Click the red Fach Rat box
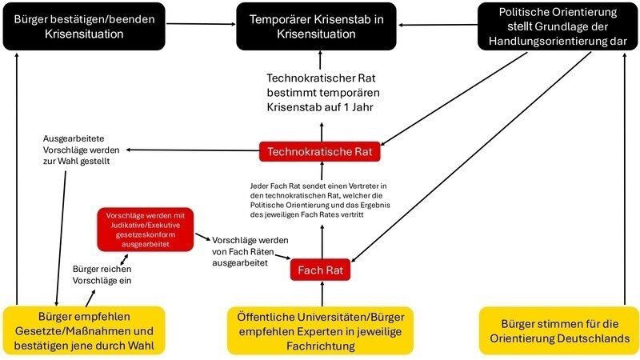click(321, 270)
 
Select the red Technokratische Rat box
click(320, 150)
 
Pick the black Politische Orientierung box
click(557, 26)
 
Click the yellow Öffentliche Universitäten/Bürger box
click(320, 330)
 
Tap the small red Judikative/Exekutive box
click(145, 230)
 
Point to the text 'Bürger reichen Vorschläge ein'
click(102, 274)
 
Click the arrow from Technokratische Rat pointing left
click(192, 150)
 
